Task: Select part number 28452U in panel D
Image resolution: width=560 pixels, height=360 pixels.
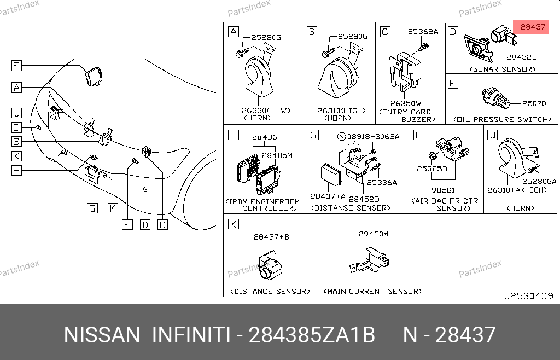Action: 521,57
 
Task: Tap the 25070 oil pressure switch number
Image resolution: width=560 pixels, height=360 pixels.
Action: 534,103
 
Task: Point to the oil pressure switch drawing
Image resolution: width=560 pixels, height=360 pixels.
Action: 495,98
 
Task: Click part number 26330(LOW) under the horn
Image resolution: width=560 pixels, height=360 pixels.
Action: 266,111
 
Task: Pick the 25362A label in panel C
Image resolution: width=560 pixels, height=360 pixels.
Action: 423,31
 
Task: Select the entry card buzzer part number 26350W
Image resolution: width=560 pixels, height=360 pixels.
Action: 406,103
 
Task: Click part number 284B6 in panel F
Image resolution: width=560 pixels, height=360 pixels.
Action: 264,137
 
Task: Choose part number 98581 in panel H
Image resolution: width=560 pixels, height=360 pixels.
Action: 443,190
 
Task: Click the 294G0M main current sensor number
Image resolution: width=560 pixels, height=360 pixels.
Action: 373,234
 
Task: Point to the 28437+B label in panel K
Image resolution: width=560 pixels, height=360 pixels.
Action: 271,237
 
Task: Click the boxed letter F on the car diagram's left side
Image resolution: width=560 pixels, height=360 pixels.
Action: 16,66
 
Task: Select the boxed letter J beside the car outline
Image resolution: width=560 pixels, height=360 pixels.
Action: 16,113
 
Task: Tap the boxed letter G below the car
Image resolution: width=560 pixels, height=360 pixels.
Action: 92,208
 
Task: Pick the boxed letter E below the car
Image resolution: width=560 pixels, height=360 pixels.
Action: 127,225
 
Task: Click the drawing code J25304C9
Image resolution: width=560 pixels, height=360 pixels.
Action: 529,296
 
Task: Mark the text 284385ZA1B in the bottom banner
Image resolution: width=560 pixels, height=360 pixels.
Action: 311,335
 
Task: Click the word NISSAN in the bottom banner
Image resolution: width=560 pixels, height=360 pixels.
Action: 102,335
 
